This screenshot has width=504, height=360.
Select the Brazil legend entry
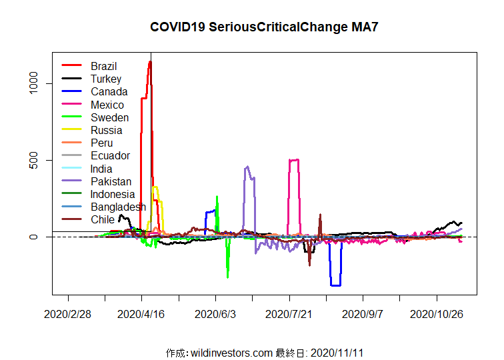point(103,66)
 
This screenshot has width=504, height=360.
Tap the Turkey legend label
point(106,79)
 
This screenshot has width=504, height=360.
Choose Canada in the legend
point(109,92)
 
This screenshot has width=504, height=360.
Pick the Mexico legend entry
point(107,105)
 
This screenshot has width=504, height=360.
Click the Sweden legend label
point(109,117)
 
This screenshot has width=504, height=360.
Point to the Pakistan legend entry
point(111,181)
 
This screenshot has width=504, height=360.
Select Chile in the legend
point(103,219)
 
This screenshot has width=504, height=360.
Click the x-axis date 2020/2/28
point(67,313)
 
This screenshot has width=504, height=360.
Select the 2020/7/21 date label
point(289,313)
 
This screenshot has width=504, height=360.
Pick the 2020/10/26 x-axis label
point(437,313)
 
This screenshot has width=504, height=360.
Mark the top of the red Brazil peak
point(150,62)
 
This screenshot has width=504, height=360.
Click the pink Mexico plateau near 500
point(293,160)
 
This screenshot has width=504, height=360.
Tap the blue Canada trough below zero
point(336,285)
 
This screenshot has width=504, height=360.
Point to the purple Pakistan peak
point(247,167)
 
